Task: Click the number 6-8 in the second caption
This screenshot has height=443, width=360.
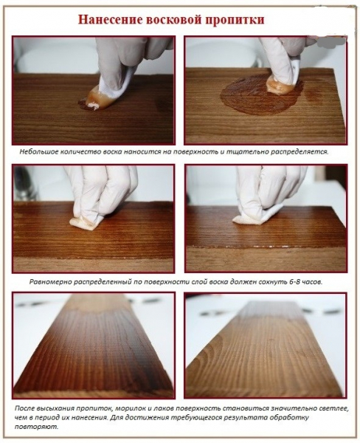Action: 295,282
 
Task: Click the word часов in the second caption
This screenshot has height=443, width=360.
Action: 313,282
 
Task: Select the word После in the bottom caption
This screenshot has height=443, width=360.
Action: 23,408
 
